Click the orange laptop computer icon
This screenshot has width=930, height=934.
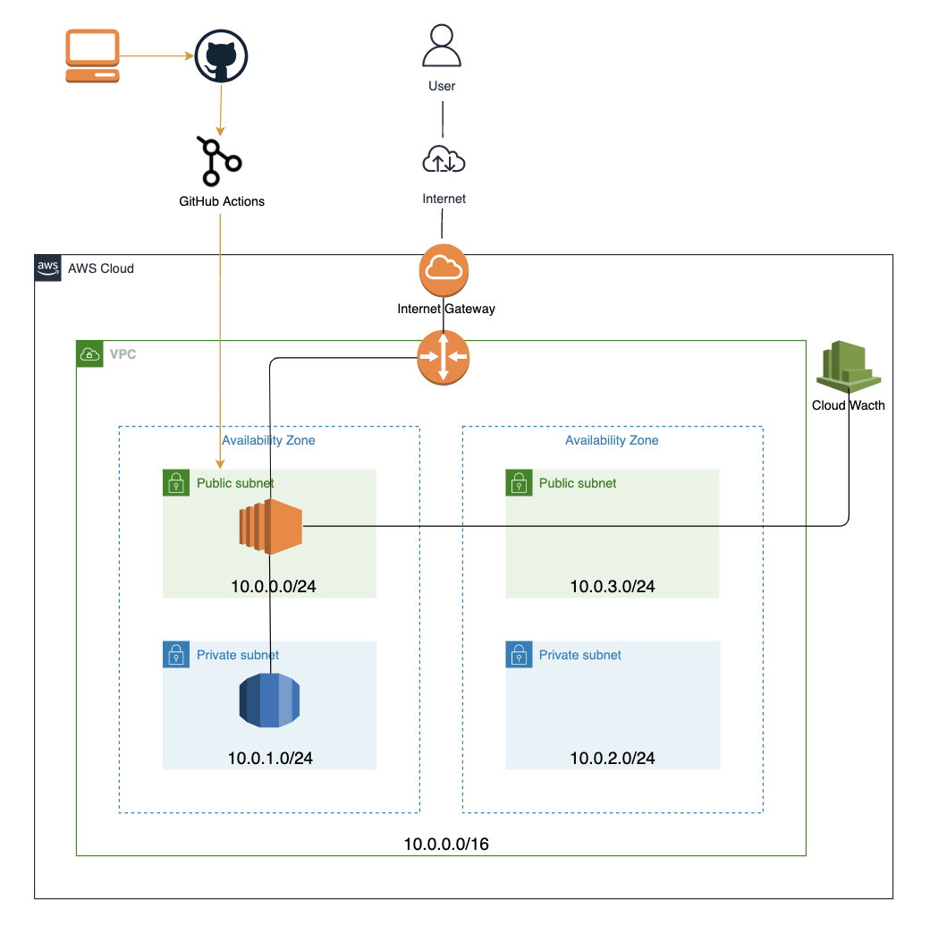92,56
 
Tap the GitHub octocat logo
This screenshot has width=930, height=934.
221,56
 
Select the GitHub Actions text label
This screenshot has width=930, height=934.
222,201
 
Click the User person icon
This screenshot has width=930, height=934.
442,46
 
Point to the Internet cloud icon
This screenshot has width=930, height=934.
444,160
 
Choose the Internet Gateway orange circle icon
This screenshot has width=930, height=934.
444,269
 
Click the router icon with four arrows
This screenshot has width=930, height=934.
444,357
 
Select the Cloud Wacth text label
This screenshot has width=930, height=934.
849,405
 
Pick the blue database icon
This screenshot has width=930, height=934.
269,700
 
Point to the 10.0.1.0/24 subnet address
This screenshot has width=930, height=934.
270,759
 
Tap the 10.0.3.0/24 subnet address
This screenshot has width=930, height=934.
613,587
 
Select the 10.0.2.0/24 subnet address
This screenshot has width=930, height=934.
613,759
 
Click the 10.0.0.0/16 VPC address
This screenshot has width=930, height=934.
446,844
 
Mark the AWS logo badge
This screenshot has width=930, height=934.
48,267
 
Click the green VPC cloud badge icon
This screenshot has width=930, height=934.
89,353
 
